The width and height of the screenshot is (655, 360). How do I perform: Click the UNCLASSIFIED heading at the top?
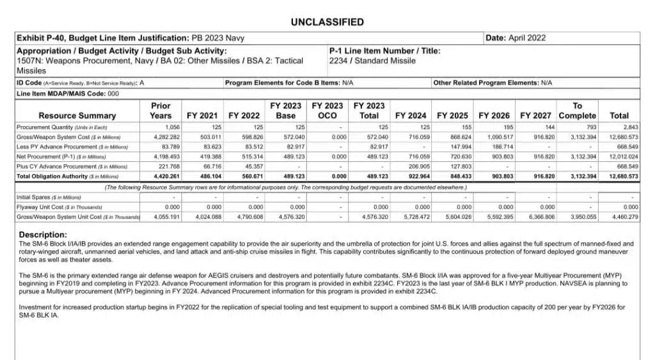point(327,22)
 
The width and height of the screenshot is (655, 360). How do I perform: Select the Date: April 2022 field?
point(516,38)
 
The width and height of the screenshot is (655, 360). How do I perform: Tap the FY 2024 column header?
point(411,116)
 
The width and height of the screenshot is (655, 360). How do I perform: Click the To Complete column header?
point(577,111)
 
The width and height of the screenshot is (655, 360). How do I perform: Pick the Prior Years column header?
point(161,111)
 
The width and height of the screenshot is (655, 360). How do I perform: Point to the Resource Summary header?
point(77,116)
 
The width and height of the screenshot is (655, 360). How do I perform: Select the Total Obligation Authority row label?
point(58,176)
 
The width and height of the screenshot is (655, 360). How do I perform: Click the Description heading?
point(43,235)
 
